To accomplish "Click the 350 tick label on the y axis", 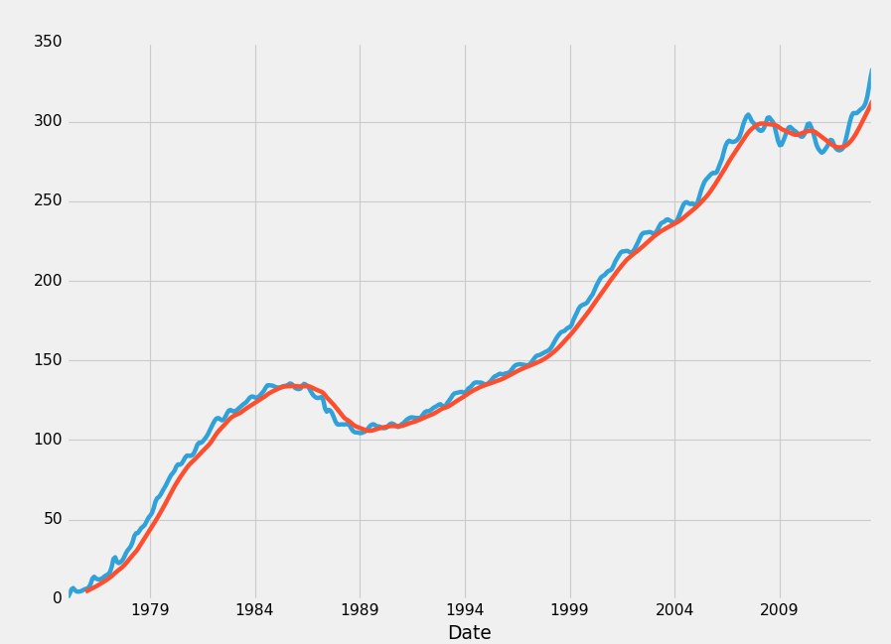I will click(x=48, y=42).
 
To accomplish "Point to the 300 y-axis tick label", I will click(x=48, y=121).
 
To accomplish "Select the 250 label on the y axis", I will click(x=48, y=200).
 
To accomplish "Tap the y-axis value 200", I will click(x=48, y=281).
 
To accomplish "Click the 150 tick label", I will click(x=48, y=360).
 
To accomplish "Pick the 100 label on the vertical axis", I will click(x=48, y=440).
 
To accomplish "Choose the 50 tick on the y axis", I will click(x=52, y=519).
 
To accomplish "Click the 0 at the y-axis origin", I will click(x=58, y=598).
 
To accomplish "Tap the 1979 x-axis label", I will click(x=150, y=609).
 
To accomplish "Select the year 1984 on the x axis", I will click(x=255, y=609).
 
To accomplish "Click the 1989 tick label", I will click(x=360, y=609).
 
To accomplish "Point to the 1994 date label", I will click(x=465, y=609).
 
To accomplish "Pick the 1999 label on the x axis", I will click(x=569, y=609).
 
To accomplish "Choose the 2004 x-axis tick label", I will click(x=674, y=609).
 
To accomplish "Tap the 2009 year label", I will click(x=779, y=609).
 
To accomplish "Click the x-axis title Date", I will click(x=469, y=633).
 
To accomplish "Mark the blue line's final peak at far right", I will click(x=871, y=70).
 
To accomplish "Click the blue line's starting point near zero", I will click(x=69, y=595).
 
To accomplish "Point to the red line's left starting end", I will click(x=87, y=590).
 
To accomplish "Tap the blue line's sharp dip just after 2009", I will click(x=781, y=145).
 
